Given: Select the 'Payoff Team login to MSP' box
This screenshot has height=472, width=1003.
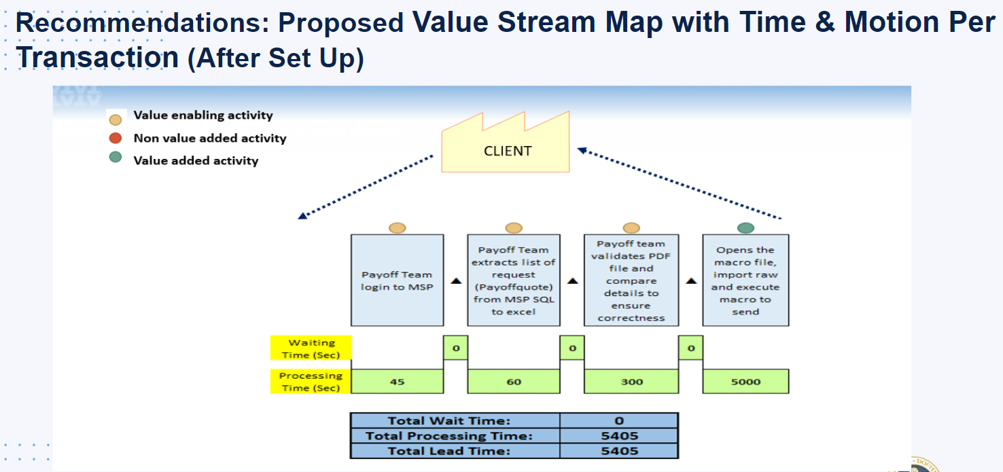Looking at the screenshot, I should coord(397,280).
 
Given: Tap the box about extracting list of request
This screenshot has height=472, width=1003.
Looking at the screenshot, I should coord(514,280).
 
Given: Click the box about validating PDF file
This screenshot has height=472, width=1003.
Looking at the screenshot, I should coord(631,280).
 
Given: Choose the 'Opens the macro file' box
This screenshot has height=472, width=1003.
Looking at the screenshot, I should coord(745,280).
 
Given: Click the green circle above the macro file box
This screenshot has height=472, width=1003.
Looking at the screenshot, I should coord(745,228).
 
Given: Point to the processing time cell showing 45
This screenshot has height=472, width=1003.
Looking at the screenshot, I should coord(397,382).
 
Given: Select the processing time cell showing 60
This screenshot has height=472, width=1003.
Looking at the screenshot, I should coord(514,382).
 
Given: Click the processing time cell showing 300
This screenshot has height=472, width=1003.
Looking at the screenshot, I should coord(631,382).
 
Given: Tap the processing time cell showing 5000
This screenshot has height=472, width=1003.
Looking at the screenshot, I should coord(745,382).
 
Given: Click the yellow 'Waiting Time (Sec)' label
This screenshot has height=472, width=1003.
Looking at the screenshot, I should coord(312,348).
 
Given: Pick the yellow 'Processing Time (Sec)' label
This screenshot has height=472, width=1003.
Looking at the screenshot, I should coord(312,382).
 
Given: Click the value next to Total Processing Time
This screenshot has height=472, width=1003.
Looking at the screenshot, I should coord(619,436).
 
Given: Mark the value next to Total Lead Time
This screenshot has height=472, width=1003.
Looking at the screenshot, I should coord(619,451).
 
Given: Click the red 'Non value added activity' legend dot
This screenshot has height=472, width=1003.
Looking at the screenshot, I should coord(116,139).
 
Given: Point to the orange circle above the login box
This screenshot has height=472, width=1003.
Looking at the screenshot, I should coord(397,228).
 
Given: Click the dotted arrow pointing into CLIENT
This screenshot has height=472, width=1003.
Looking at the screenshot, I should coord(680,183).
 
